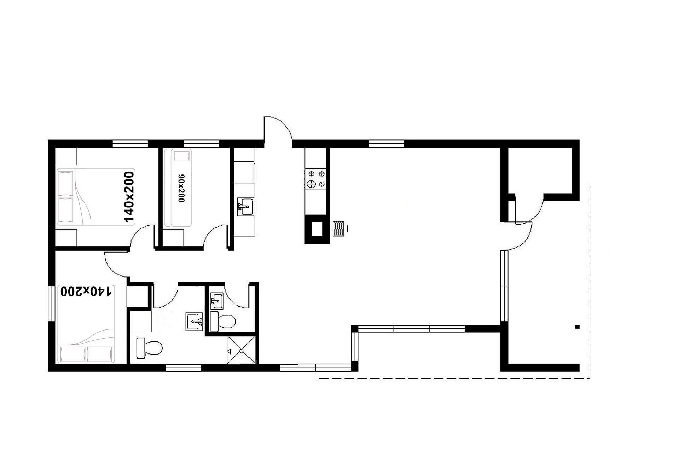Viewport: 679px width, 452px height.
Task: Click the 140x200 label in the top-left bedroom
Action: click(129, 197)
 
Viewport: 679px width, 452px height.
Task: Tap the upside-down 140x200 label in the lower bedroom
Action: click(87, 291)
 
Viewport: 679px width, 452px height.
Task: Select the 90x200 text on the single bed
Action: click(181, 188)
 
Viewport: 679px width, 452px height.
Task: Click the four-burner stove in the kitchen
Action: click(316, 178)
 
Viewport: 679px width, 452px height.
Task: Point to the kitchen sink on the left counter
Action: click(245, 206)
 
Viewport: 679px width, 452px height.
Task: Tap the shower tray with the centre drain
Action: click(241, 350)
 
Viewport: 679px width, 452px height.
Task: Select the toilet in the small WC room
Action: click(222, 321)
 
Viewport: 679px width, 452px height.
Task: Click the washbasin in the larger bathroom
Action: click(194, 321)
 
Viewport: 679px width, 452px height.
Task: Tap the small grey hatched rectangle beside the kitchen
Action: click(339, 229)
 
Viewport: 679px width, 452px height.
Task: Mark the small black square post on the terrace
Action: click(578, 327)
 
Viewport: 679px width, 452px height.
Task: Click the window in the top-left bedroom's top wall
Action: click(130, 143)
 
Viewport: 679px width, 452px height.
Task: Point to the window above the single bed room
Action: click(202, 143)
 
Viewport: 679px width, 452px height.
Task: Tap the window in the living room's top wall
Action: click(386, 143)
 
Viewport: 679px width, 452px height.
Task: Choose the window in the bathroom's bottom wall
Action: click(184, 368)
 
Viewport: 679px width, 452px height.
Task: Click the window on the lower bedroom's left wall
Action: click(51, 303)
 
